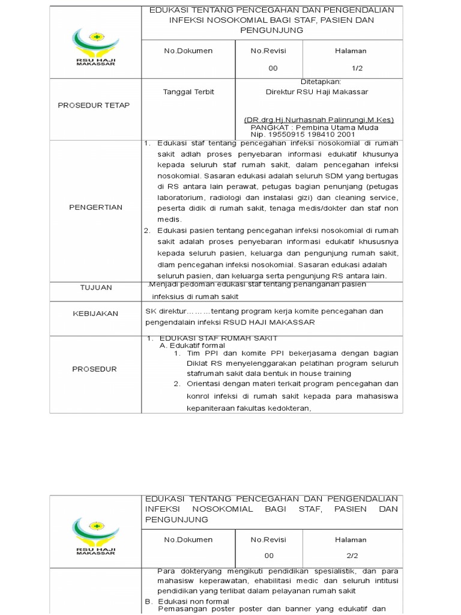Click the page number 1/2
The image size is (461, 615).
pyautogui.click(x=357, y=68)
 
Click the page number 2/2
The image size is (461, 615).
pyautogui.click(x=357, y=556)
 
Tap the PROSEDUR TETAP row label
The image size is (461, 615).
pyautogui.click(x=94, y=105)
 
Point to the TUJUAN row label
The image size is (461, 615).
pyautogui.click(x=96, y=288)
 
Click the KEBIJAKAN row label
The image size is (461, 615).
pyautogui.click(x=96, y=314)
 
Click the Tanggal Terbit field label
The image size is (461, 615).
pyautogui.click(x=188, y=92)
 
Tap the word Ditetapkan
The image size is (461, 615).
pyautogui.click(x=321, y=81)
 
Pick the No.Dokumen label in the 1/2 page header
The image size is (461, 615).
pyautogui.click(x=188, y=51)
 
